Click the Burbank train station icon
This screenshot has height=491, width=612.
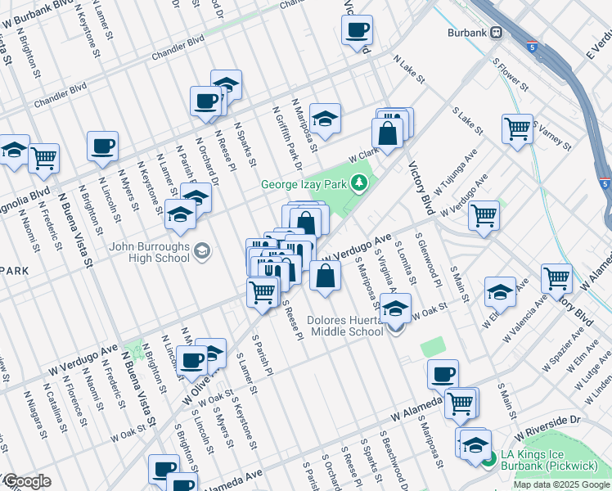pyautogui.click(x=508, y=33)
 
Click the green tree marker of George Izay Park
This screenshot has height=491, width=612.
pyautogui.click(x=358, y=183)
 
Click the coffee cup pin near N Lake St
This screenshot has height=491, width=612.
pyautogui.click(x=357, y=32)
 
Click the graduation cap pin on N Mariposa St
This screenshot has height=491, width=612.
pyautogui.click(x=325, y=119)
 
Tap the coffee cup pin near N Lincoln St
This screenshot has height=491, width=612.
pyautogui.click(x=103, y=146)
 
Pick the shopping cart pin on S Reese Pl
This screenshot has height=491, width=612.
pyautogui.click(x=263, y=291)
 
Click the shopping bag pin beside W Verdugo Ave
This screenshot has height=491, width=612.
pyautogui.click(x=326, y=277)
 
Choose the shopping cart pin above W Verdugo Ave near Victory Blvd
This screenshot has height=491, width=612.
pyautogui.click(x=484, y=216)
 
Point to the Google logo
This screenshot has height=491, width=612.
pyautogui.click(x=26, y=482)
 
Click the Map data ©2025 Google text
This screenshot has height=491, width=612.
pyautogui.click(x=562, y=484)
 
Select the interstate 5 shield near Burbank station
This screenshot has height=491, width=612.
pyautogui.click(x=532, y=47)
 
